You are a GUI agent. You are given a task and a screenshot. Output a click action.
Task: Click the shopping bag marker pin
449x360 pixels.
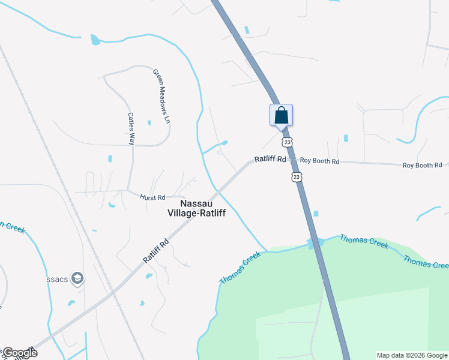[x=281, y=115]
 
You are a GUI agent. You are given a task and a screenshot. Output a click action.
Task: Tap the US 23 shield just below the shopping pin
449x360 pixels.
[x=288, y=142]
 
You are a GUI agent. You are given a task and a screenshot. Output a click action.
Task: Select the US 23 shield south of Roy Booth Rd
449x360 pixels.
[x=296, y=176]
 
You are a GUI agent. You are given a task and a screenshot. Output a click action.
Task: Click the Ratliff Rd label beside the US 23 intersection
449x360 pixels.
[x=270, y=160]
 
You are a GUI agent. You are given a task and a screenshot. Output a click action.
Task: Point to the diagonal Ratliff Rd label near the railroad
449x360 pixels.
[x=156, y=250]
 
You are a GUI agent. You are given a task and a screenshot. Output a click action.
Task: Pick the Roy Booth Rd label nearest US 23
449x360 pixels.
[x=319, y=161]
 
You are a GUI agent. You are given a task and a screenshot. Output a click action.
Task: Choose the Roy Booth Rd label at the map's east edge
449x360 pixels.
[x=422, y=164]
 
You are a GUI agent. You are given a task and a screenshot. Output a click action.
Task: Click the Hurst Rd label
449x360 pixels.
[x=152, y=197]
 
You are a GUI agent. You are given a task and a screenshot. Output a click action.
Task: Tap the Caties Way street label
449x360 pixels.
[x=130, y=129]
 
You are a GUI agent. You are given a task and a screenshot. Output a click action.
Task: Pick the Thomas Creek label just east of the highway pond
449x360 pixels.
[x=364, y=242]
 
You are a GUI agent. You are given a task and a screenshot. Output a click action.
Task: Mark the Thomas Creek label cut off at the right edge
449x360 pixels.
[x=426, y=262]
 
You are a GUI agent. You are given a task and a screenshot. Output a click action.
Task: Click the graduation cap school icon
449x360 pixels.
[x=77, y=278]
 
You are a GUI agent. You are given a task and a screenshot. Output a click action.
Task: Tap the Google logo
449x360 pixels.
[x=19, y=353]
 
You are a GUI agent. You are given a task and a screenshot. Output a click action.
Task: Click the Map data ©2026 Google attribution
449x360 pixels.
[x=412, y=355]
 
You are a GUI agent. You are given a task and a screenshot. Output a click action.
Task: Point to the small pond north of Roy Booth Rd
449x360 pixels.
[x=346, y=139]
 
